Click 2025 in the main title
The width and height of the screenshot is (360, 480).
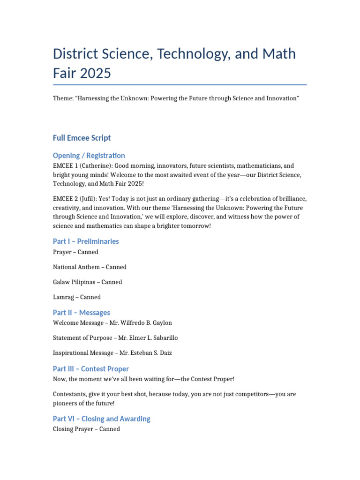(96, 73)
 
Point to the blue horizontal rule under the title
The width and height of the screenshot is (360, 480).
(180, 85)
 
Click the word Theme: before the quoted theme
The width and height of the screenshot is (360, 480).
(63, 98)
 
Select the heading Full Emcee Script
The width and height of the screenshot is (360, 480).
(82, 138)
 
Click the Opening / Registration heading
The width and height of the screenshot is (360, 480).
(89, 155)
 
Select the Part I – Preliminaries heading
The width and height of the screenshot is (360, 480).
(86, 241)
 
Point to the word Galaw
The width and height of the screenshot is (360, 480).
(62, 282)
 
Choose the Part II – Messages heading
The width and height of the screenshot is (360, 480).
(82, 313)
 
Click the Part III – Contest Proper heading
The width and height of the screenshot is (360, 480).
(90, 369)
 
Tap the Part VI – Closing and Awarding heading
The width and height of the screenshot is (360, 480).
(101, 419)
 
